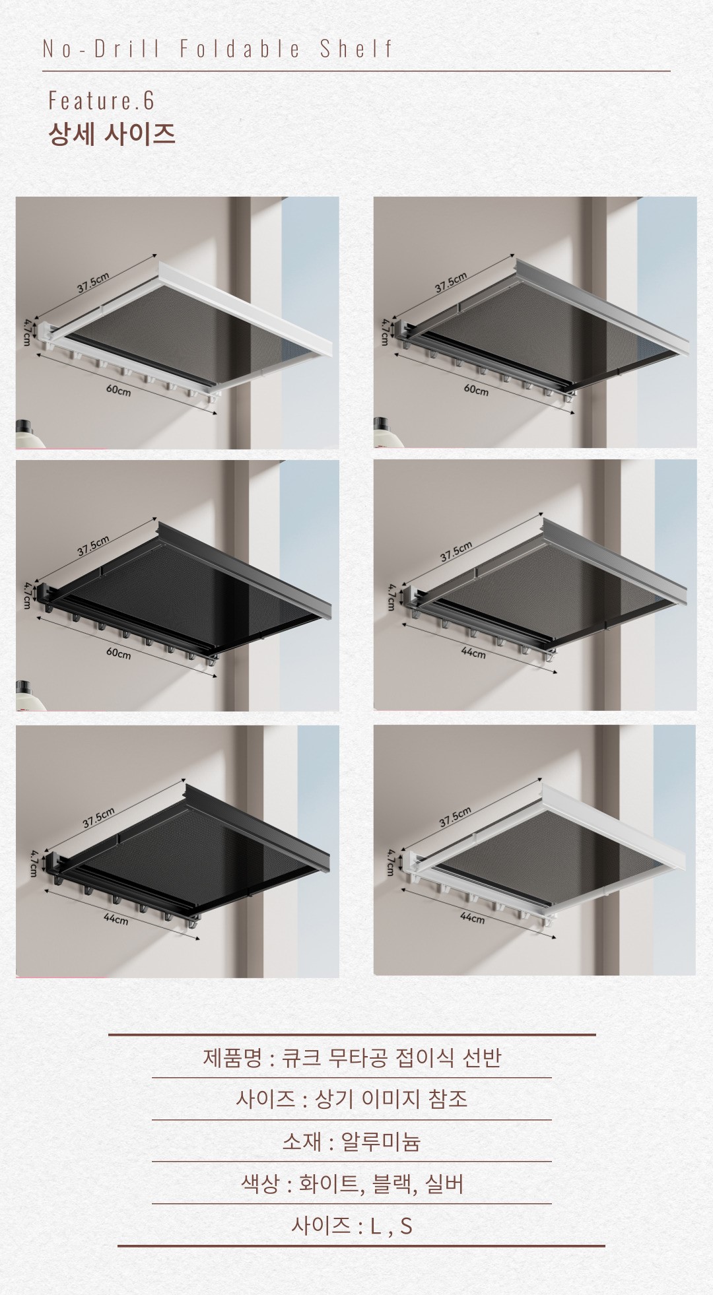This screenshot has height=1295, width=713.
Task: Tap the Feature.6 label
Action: tap(101, 100)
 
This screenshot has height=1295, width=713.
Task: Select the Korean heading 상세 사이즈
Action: tap(112, 134)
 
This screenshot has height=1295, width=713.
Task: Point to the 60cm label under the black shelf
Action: tap(118, 653)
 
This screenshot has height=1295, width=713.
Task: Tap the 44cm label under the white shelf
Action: tap(472, 917)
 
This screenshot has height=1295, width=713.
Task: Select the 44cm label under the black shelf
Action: tap(116, 919)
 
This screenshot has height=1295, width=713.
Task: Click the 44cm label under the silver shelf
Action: tap(473, 653)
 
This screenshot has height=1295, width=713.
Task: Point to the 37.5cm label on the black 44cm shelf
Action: tap(98, 817)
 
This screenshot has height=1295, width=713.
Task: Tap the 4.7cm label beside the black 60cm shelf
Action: tap(27, 595)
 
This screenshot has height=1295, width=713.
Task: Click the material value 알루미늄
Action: tap(380, 1141)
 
